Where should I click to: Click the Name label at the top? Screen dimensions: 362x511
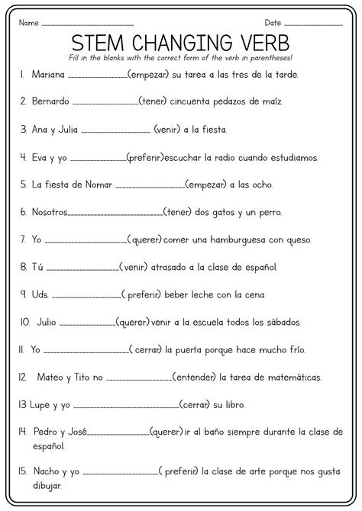pyautogui.click(x=29, y=23)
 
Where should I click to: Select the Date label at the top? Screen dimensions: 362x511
pyautogui.click(x=273, y=23)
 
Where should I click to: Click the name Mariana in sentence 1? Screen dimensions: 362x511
pyautogui.click(x=49, y=75)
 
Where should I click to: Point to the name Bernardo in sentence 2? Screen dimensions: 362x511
pyautogui.click(x=51, y=101)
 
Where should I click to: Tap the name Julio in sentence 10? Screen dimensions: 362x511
pyautogui.click(x=44, y=322)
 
